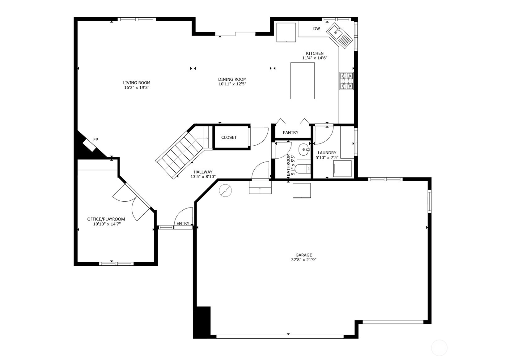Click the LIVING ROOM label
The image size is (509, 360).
pos(137,83)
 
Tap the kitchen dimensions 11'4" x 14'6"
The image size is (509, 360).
pos(315,58)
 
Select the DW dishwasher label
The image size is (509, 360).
pos(316,29)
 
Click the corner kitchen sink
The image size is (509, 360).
pos(340,36)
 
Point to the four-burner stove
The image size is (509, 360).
pos(346,81)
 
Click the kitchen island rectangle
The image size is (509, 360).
pos(303,81)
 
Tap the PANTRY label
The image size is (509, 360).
pos(291,133)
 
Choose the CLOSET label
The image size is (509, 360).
pos(229,137)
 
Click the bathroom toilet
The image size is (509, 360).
pos(303,169)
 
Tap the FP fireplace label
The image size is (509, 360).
pos(95,139)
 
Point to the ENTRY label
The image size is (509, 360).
pos(183,224)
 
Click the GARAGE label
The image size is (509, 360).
pos(303,255)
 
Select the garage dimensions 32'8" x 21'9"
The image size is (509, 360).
pos(303,260)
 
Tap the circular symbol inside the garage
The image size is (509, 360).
pos(225,190)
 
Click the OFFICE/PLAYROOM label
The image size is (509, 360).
pos(106,219)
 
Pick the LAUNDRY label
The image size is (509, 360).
pos(327,153)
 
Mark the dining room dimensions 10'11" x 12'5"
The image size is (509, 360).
pos(232,84)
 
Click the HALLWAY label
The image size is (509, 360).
pos(203,172)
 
